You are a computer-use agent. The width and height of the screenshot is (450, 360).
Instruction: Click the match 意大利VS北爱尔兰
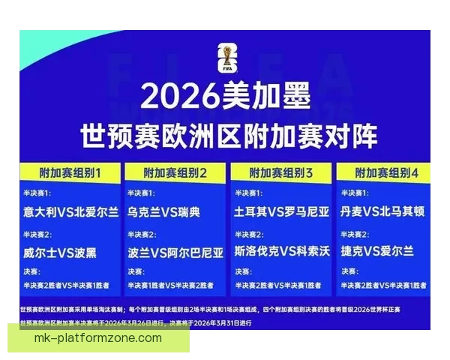click(70, 211)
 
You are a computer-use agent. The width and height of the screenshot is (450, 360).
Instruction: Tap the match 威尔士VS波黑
click(59, 252)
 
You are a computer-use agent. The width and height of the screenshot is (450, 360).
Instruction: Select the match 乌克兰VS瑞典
click(163, 211)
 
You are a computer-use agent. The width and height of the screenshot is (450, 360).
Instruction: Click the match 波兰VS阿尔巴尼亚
click(175, 252)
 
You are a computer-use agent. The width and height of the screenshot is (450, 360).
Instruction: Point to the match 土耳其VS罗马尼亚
click(281, 211)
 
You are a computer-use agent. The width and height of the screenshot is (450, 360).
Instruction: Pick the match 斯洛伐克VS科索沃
click(281, 252)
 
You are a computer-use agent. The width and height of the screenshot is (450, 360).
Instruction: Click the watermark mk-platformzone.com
click(98, 338)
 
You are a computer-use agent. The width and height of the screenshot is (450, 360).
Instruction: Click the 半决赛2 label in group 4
click(352, 235)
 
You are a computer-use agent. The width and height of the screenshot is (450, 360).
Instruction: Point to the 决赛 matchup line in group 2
click(172, 285)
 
